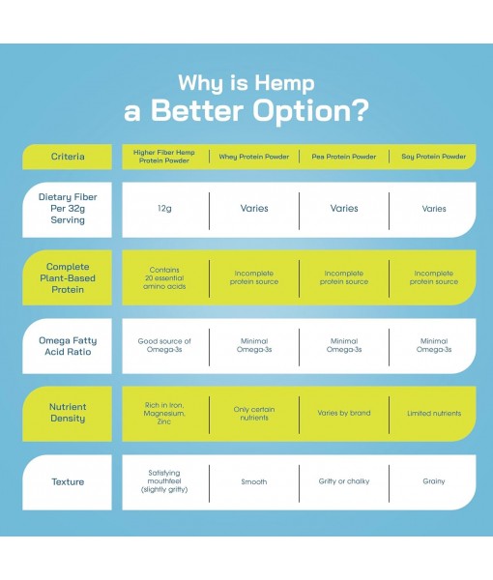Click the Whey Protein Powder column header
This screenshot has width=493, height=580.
(x=252, y=156)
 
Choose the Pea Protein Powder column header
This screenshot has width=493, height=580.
(x=344, y=156)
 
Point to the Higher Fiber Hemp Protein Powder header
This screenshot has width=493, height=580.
(x=163, y=156)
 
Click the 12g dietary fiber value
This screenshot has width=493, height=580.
(x=163, y=209)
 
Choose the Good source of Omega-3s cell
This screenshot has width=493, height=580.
(x=163, y=345)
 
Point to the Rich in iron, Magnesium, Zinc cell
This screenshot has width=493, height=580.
(x=163, y=413)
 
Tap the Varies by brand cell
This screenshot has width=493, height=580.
(x=344, y=413)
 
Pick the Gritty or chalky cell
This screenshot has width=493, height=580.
(x=344, y=480)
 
